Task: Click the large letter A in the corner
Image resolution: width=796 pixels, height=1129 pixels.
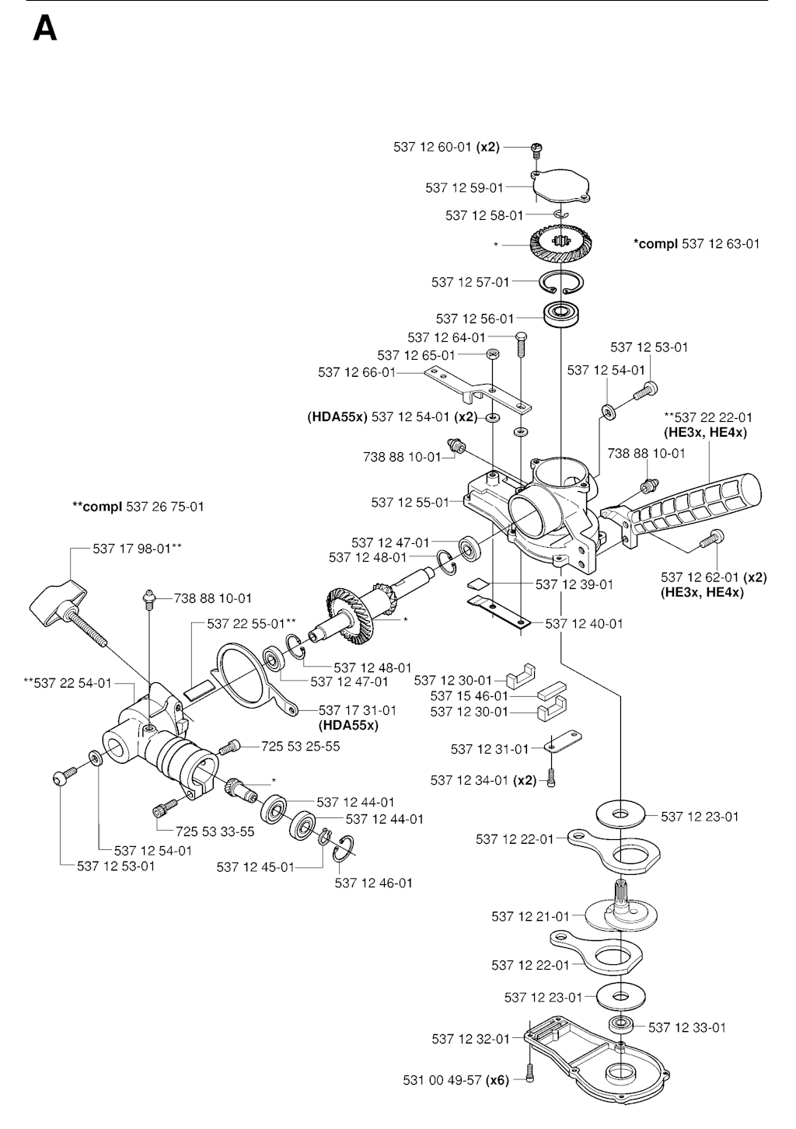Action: [x=45, y=29]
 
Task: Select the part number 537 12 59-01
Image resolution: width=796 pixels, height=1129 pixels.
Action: [x=464, y=187]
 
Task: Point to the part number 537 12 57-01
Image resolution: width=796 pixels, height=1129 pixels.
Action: [x=470, y=282]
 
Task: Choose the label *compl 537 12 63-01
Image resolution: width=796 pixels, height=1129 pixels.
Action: [x=696, y=244]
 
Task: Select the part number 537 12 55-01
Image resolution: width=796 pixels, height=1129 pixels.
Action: [x=410, y=502]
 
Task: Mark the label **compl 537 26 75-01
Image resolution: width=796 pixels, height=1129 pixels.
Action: [x=138, y=507]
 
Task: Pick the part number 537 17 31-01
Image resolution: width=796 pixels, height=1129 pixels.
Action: [x=358, y=710]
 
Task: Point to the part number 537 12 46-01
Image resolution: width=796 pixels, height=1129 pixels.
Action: [x=373, y=883]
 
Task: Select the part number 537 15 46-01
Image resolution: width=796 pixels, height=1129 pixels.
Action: [x=469, y=696]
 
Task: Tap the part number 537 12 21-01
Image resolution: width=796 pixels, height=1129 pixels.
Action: [x=530, y=917]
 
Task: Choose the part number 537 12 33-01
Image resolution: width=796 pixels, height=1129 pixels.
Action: [x=687, y=1027]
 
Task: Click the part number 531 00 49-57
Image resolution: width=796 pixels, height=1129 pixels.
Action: [x=442, y=1080]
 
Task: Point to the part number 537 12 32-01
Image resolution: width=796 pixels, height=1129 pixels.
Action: [x=470, y=1039]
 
